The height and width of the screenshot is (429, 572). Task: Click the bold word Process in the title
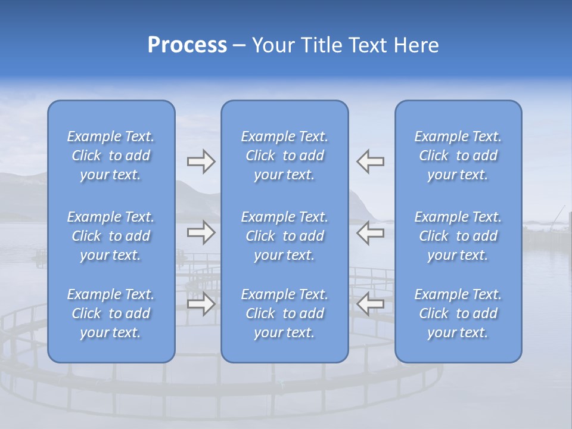coord(187,45)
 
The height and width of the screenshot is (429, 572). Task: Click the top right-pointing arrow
coord(201,161)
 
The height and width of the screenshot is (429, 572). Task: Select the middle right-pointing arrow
coord(201,232)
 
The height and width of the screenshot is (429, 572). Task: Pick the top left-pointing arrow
coord(370,161)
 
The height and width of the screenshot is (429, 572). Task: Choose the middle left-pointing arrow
coord(370,232)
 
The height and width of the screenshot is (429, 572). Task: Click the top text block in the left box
coord(111,156)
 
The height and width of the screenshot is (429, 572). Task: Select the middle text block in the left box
coord(111,236)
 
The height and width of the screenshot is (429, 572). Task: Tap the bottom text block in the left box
coord(111,313)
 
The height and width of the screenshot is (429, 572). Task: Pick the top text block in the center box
coord(285,156)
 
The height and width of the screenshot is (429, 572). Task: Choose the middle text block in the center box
coord(285,236)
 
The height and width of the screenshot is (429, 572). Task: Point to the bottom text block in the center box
coord(285,313)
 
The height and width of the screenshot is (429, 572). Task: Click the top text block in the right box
coord(458,156)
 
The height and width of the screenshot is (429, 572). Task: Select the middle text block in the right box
coord(458,236)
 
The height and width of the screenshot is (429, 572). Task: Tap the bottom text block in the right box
coord(458,313)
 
